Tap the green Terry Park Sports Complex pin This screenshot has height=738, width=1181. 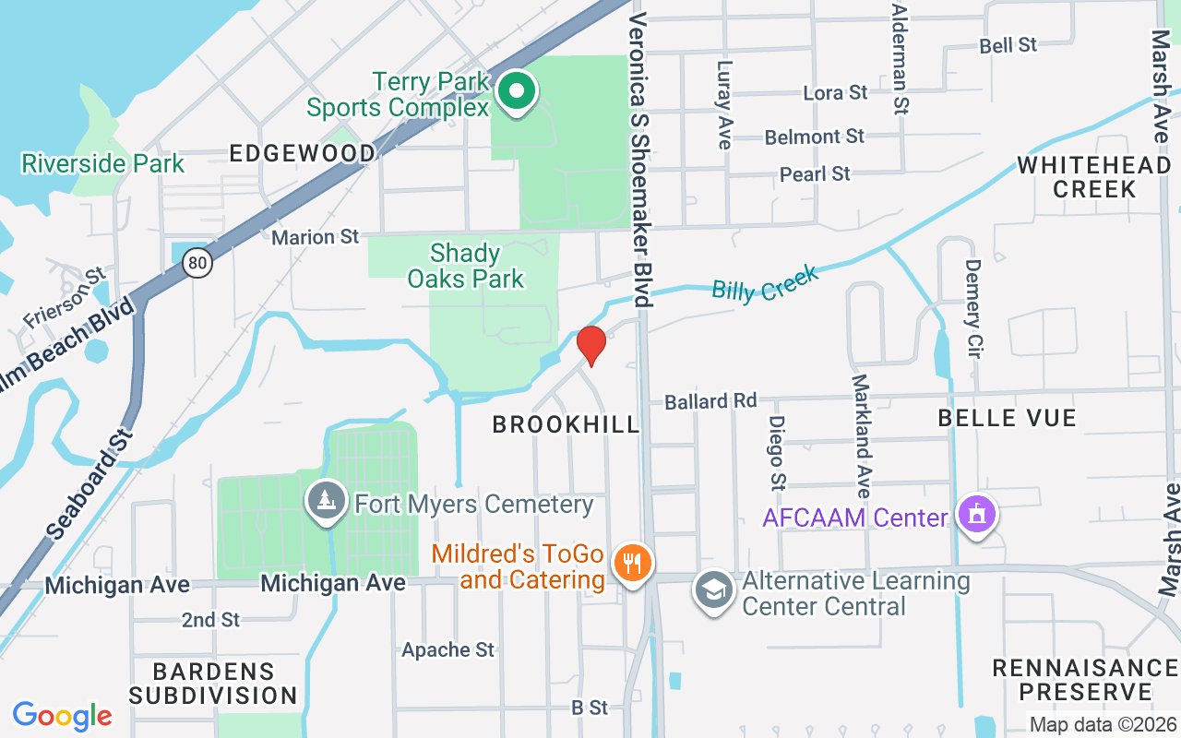(518, 92)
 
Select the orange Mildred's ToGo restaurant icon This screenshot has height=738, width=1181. (632, 562)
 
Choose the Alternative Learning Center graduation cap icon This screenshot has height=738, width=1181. (714, 589)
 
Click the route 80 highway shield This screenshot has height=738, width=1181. (197, 264)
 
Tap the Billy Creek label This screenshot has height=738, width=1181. (765, 283)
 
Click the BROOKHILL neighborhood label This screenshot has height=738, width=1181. (566, 424)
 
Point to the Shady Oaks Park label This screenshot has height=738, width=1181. (465, 266)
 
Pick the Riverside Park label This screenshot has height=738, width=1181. (103, 164)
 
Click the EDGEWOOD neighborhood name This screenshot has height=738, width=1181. (303, 153)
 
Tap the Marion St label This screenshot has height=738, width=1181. (316, 237)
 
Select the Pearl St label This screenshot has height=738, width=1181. (815, 173)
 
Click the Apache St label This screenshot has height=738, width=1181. (447, 649)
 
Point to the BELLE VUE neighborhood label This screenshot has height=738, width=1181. (1007, 418)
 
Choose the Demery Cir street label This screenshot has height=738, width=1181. (972, 293)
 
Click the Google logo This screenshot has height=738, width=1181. (63, 716)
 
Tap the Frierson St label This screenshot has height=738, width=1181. (64, 300)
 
